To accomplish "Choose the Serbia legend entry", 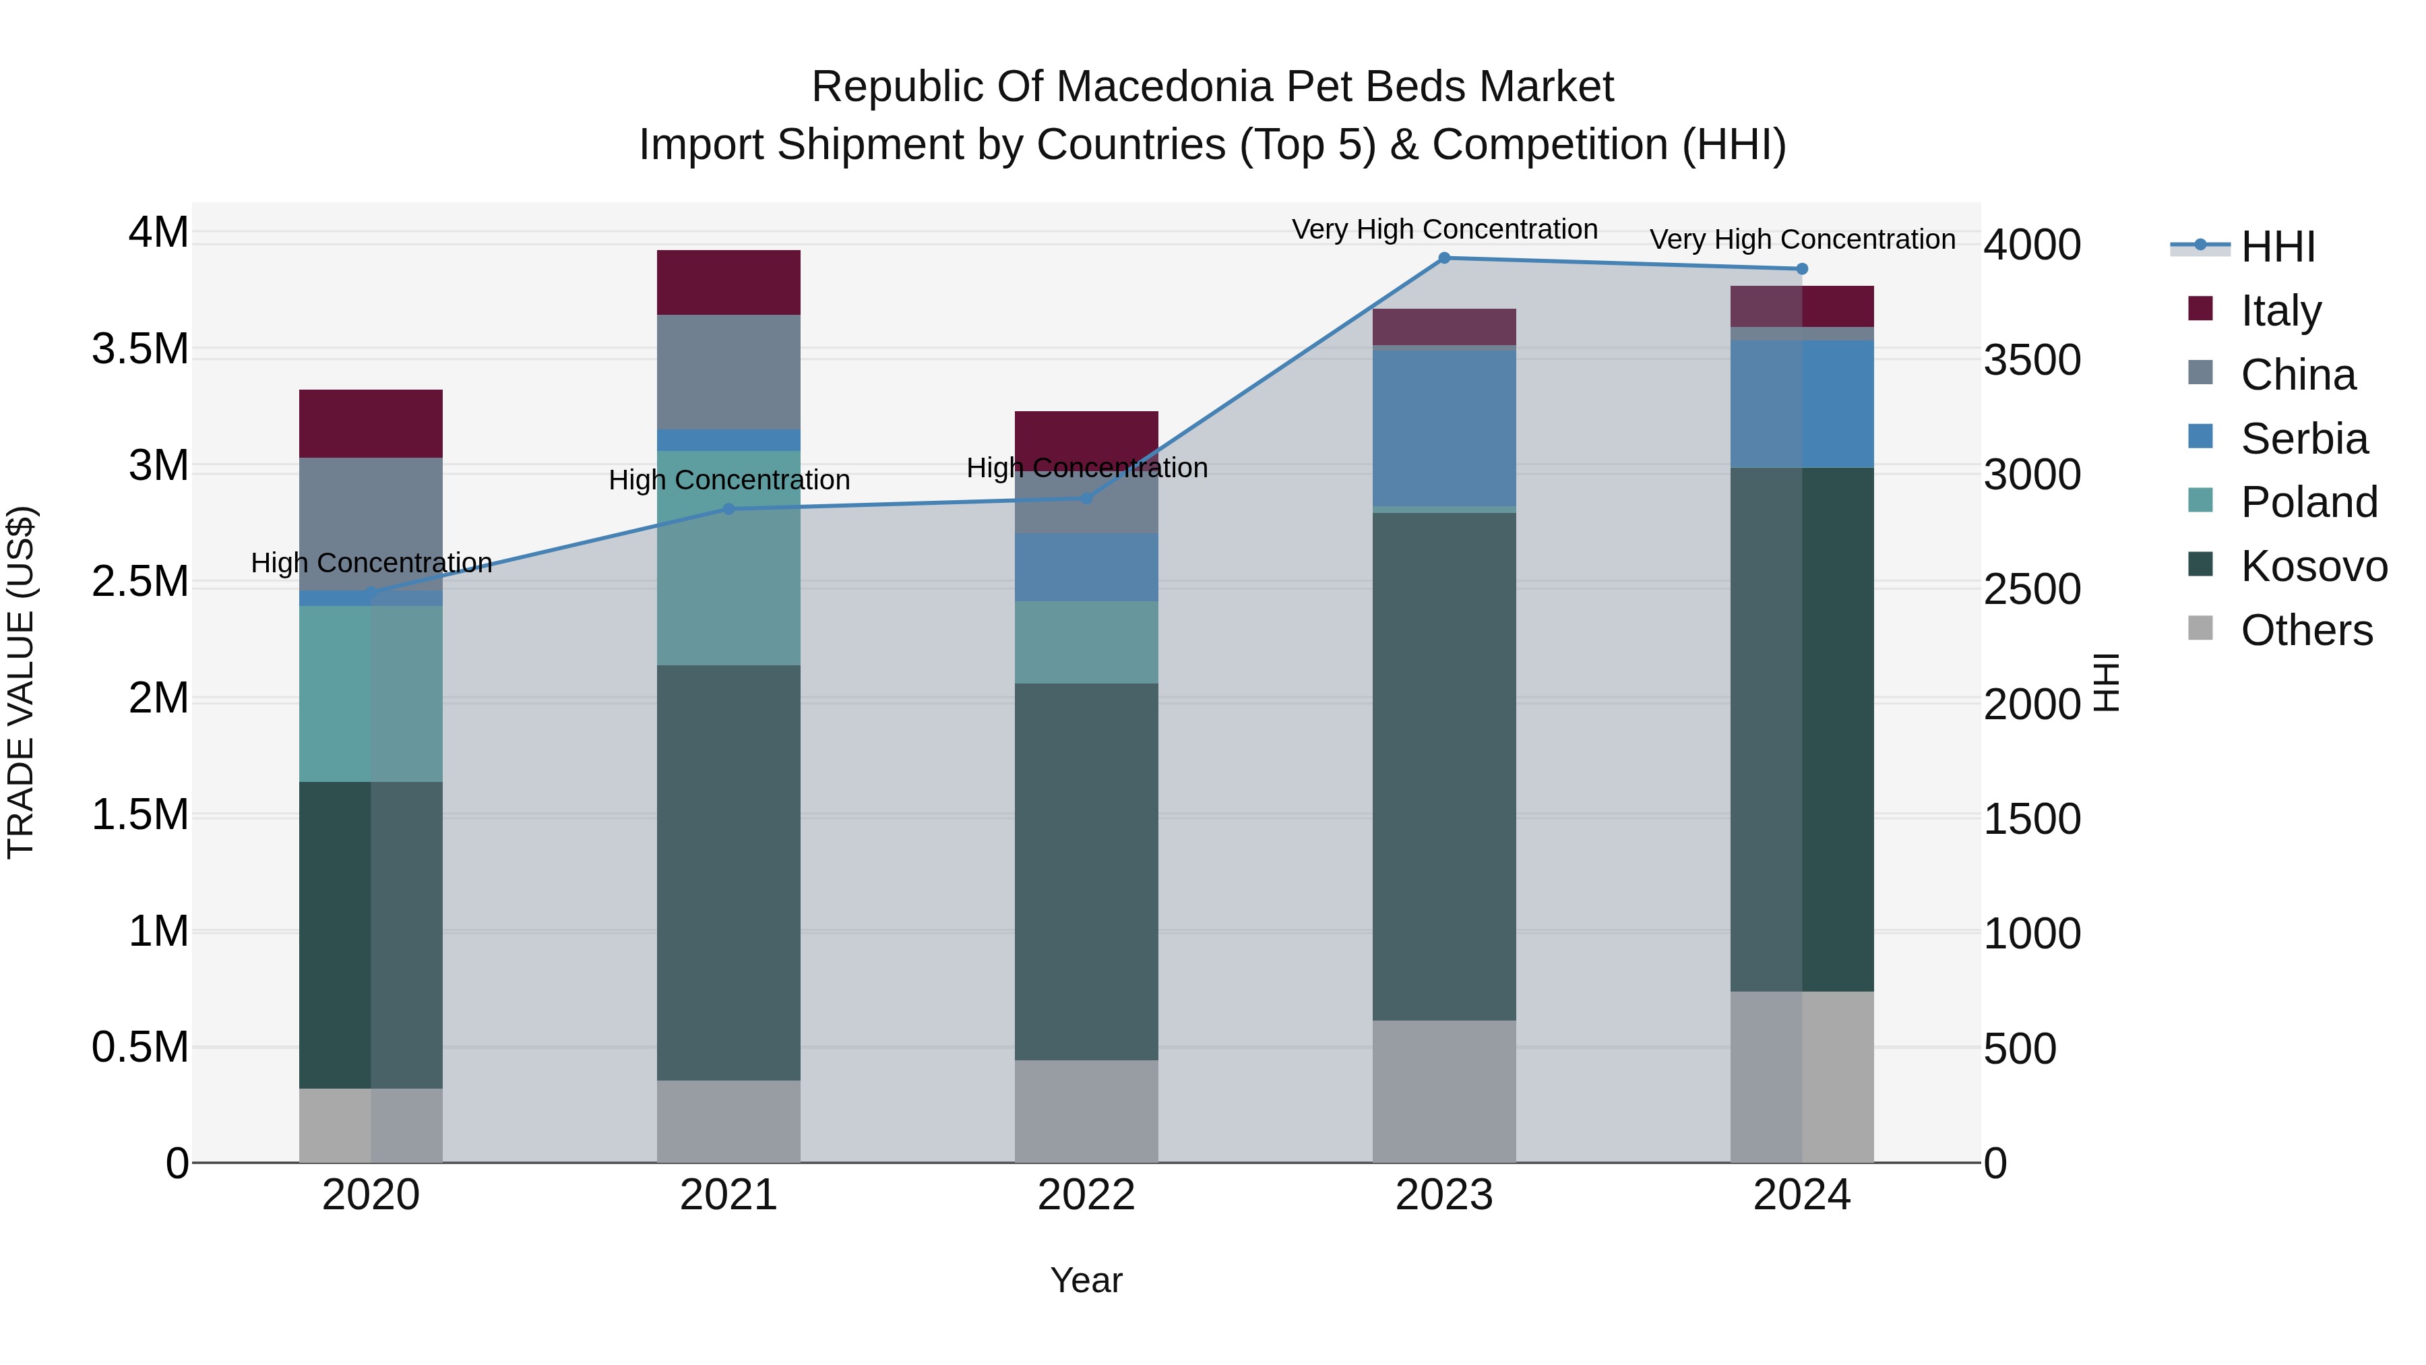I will tap(2303, 439).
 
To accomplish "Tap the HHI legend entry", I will tap(2276, 247).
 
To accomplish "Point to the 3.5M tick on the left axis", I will tap(139, 349).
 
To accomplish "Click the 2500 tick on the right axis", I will tap(2032, 590).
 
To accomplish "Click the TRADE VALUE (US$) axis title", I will tap(21, 682).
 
